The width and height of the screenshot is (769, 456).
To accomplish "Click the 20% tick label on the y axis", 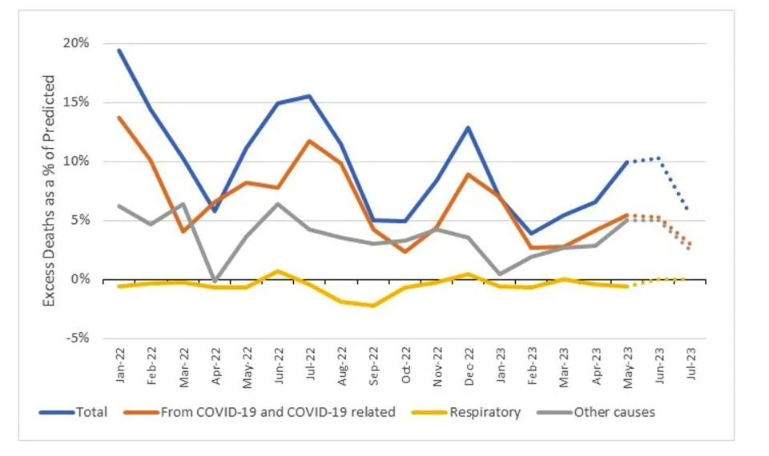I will click(77, 43).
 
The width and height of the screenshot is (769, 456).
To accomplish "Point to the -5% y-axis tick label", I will click(79, 338).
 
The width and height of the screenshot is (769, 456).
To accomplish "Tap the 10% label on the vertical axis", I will click(77, 162).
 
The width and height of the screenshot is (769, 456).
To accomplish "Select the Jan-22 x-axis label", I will click(121, 366).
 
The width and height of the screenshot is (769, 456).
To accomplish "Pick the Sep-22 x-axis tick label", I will click(372, 366).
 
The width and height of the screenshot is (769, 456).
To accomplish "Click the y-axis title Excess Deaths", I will click(50, 190).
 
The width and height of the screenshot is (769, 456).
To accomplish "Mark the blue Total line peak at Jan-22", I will click(119, 50).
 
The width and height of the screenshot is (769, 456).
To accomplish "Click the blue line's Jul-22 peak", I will click(309, 96).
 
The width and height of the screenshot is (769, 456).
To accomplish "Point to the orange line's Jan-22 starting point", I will click(119, 118).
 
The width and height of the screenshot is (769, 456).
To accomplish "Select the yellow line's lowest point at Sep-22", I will click(372, 306).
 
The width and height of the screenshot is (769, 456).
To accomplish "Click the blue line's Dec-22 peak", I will click(467, 127).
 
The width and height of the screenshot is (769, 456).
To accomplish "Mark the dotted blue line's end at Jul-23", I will click(688, 210).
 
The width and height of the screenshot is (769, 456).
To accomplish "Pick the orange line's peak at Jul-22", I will click(309, 141).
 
